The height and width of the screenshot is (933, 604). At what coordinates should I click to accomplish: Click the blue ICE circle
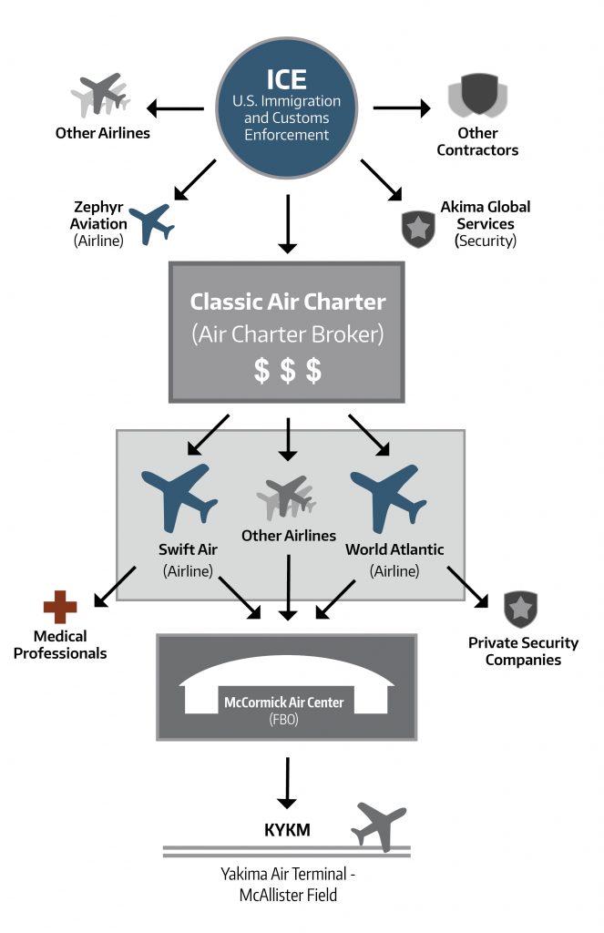[x=286, y=108]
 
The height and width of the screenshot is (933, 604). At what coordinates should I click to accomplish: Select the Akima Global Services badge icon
[x=418, y=229]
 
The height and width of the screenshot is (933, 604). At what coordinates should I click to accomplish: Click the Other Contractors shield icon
[x=478, y=95]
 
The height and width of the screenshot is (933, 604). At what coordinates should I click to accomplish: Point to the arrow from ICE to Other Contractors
[x=402, y=108]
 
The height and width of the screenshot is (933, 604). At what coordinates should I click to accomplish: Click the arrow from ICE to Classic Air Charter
[x=287, y=224]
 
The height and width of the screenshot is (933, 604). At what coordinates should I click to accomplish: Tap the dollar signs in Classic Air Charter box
[x=287, y=370]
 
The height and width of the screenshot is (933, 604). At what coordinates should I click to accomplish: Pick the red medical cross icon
[x=60, y=607]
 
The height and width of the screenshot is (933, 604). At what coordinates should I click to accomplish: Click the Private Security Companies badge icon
[x=521, y=610]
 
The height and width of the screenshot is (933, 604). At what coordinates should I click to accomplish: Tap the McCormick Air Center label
[x=284, y=702]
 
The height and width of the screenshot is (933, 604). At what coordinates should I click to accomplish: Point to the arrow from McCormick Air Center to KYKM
[x=287, y=783]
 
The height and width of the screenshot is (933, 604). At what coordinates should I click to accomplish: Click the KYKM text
[x=287, y=829]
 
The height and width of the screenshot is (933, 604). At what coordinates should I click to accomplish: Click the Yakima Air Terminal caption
[x=288, y=884]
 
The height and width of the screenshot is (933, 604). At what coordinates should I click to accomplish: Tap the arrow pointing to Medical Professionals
[x=115, y=587]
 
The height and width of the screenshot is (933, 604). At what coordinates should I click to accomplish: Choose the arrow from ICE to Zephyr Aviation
[x=195, y=179]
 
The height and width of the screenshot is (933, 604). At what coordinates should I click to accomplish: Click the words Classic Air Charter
[x=288, y=302]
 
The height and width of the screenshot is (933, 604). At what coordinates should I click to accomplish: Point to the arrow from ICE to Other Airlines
[x=175, y=108]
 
